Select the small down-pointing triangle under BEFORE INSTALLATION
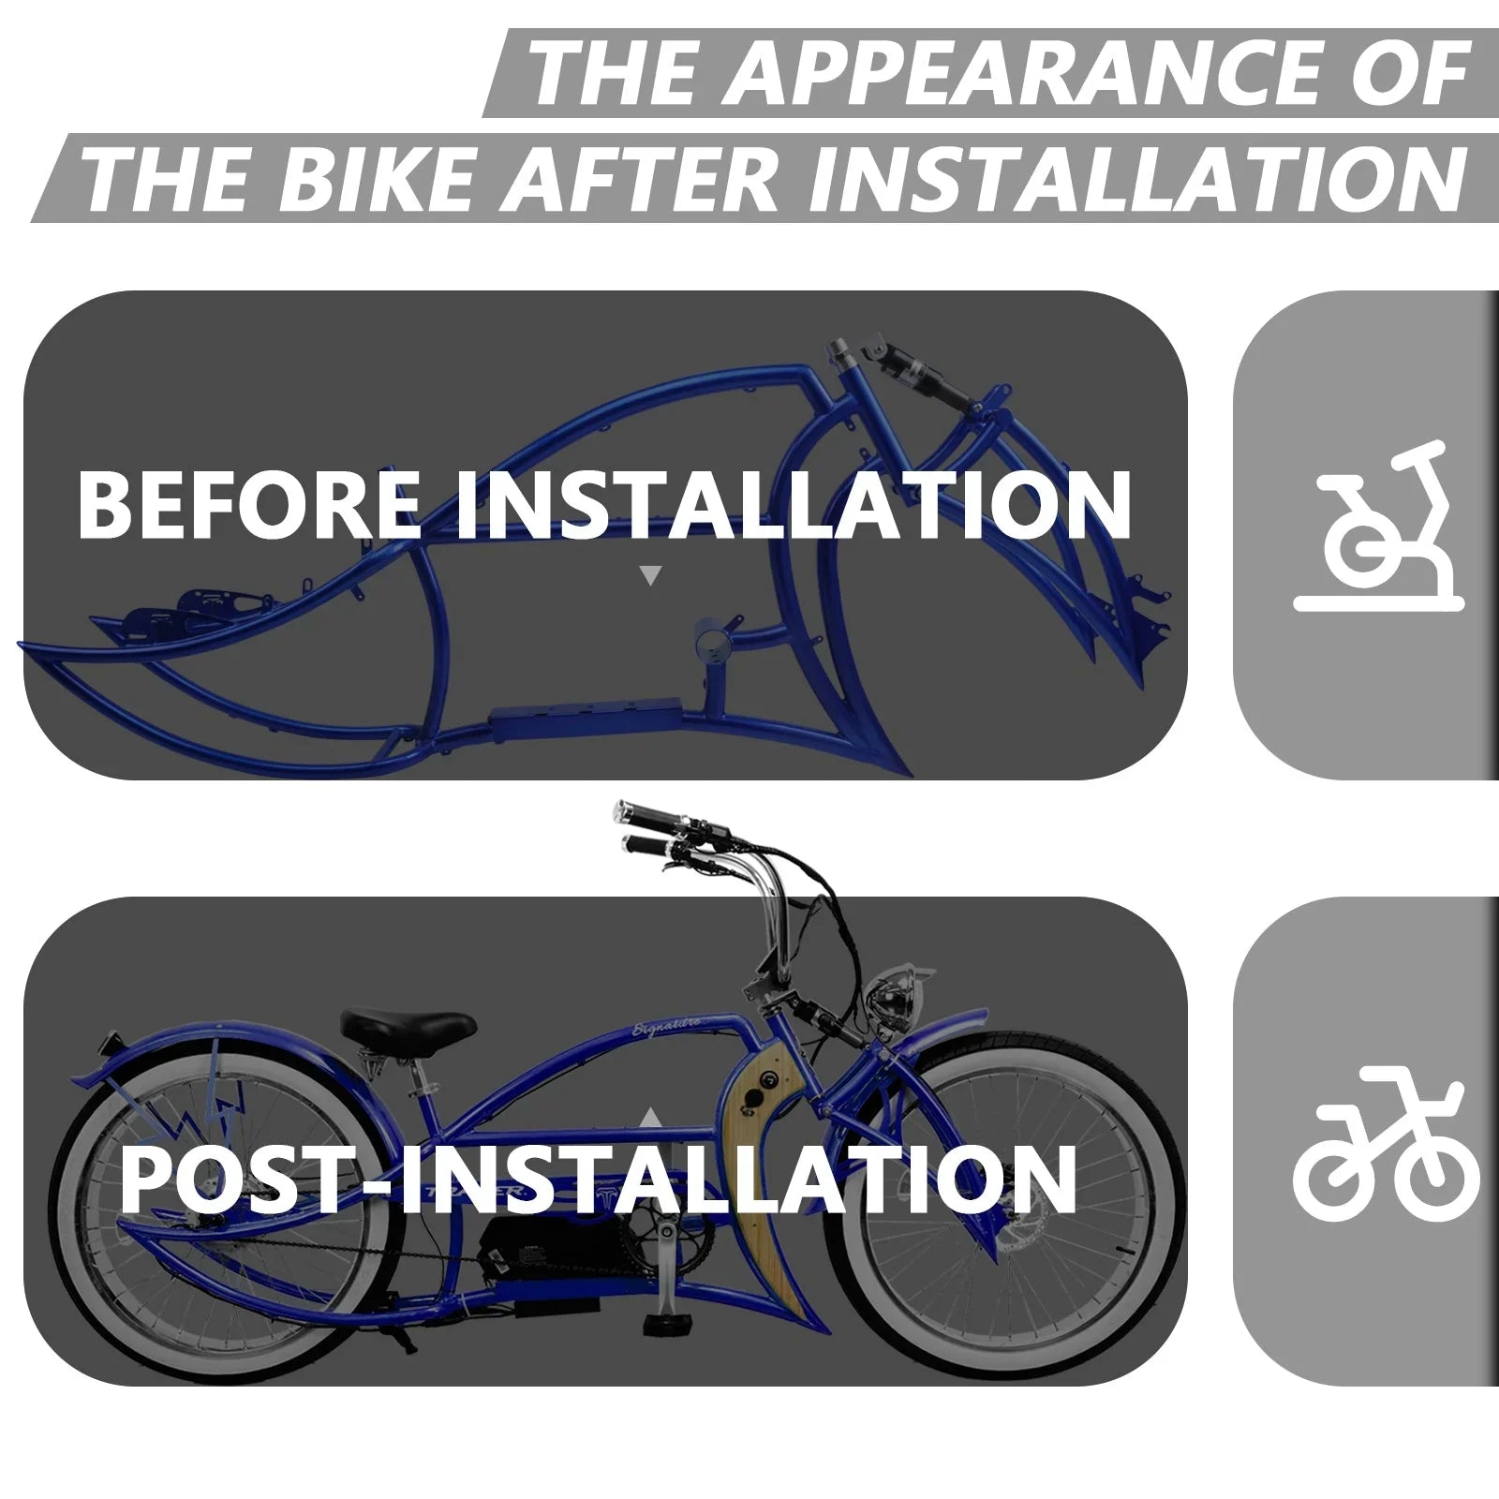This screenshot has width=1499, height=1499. point(650,575)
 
